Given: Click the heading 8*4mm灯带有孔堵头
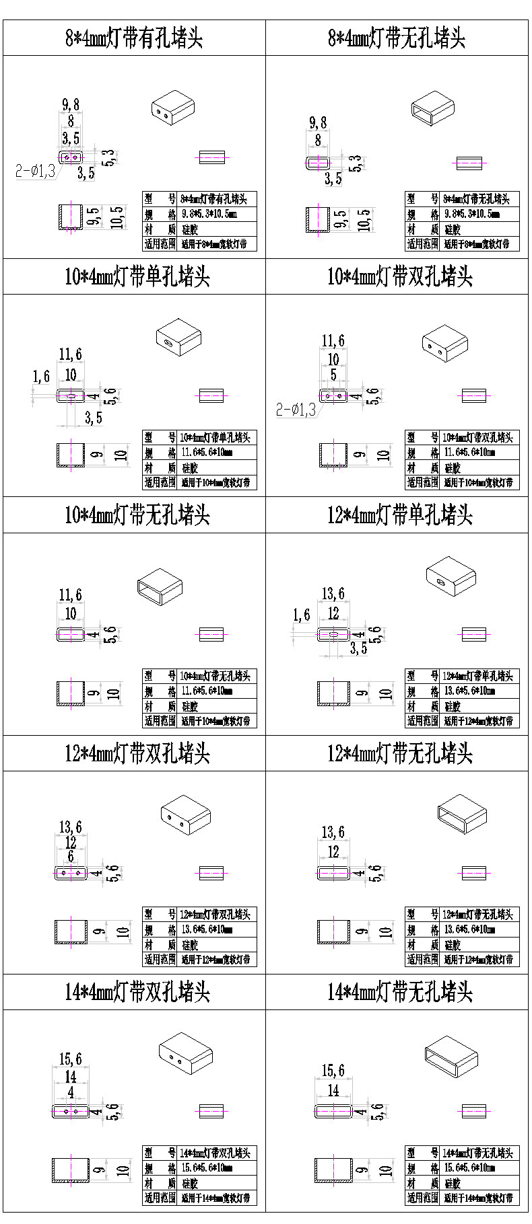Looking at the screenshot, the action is pos(134,38).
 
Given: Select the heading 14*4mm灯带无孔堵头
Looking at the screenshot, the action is pos(400,992).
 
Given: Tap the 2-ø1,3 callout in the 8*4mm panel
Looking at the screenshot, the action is pos(36,171).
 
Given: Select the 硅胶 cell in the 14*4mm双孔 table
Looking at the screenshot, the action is pos(190,1183).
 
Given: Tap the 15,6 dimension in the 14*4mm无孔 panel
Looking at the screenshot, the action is pos(333,1070).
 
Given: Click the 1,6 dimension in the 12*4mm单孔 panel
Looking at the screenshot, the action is pos(302,615).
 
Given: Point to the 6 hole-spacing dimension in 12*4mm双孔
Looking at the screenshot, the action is pos(71,857).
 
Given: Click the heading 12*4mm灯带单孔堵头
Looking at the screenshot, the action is pos(400,515).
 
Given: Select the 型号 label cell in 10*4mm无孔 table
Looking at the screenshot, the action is pos(160,676).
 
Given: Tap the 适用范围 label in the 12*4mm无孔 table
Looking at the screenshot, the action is pos(422,960).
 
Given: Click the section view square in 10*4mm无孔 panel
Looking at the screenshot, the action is pos(71,693).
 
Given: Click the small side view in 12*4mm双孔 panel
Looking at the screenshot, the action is pos(211,874).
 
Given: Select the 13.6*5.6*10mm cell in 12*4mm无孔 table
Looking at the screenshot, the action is pos(470,929).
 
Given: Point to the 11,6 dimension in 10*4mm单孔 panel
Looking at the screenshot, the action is pos(70,354).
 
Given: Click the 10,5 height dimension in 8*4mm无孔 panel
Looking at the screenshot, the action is pos(364,220).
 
